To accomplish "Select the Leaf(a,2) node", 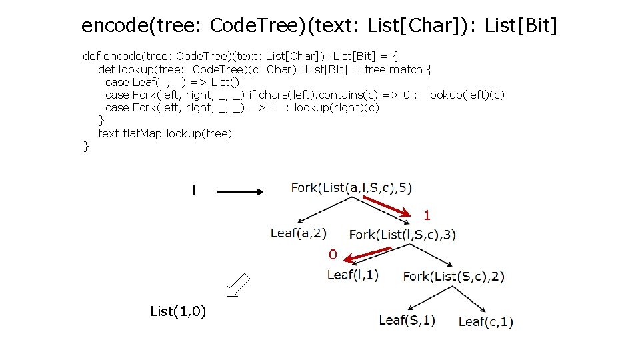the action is (298, 233).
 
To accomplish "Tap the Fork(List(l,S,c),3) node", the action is (403, 234).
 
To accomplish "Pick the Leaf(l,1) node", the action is (353, 275).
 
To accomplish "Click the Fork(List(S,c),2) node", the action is (453, 276).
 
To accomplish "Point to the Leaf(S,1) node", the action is (407, 320).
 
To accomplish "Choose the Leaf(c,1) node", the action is (485, 322).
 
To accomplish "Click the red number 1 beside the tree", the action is (427, 215).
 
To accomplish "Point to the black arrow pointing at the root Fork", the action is (241, 192).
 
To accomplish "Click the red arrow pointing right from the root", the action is (388, 205).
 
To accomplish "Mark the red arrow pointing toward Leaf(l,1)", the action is (371, 254).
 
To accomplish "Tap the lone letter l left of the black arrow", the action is (193, 191).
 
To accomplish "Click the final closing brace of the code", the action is (85, 146).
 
